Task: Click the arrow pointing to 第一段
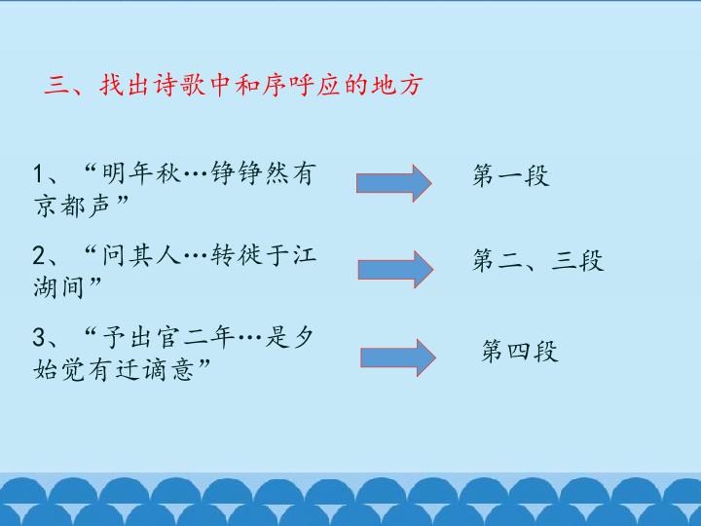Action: [394, 183]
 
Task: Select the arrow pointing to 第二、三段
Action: [395, 269]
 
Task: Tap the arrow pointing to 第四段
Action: [398, 357]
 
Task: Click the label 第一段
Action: [511, 175]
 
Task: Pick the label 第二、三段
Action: [538, 260]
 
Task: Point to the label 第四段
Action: [520, 351]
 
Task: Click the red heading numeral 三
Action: [56, 85]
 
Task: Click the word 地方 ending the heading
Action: [396, 85]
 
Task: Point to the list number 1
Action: [38, 173]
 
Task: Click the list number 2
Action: [38, 255]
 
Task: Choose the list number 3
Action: [38, 337]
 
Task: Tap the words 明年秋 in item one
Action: [141, 173]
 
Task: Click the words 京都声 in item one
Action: [72, 206]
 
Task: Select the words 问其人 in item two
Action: [141, 255]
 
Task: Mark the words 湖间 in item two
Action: [58, 287]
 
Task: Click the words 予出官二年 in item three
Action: [168, 337]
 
